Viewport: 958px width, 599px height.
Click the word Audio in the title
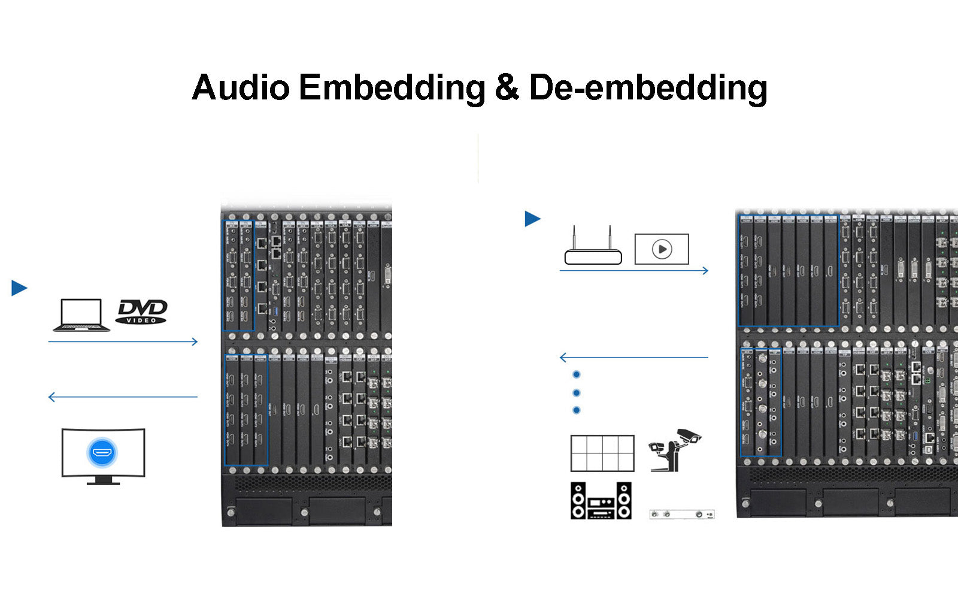tap(241, 87)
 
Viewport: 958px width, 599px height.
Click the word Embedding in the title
tap(392, 87)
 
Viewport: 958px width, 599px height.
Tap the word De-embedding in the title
tap(648, 87)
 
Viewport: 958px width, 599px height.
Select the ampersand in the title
tap(507, 87)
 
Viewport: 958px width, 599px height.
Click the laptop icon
tap(81, 315)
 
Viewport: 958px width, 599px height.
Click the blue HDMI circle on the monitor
tap(102, 452)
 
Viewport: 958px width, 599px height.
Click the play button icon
tap(662, 249)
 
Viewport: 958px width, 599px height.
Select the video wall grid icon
tap(602, 453)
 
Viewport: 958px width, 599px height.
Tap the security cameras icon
tap(675, 449)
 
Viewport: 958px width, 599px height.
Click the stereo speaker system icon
tap(601, 500)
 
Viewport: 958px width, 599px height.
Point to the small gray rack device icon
tap(682, 514)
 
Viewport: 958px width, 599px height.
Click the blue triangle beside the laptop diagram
tap(19, 288)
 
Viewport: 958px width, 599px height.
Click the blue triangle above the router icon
tap(532, 219)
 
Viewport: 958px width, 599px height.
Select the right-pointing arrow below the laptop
tap(123, 341)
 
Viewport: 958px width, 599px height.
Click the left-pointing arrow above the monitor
tap(123, 397)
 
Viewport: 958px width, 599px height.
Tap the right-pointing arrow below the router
tap(633, 271)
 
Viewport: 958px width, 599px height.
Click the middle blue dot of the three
tap(577, 393)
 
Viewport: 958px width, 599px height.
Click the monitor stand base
tap(103, 481)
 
